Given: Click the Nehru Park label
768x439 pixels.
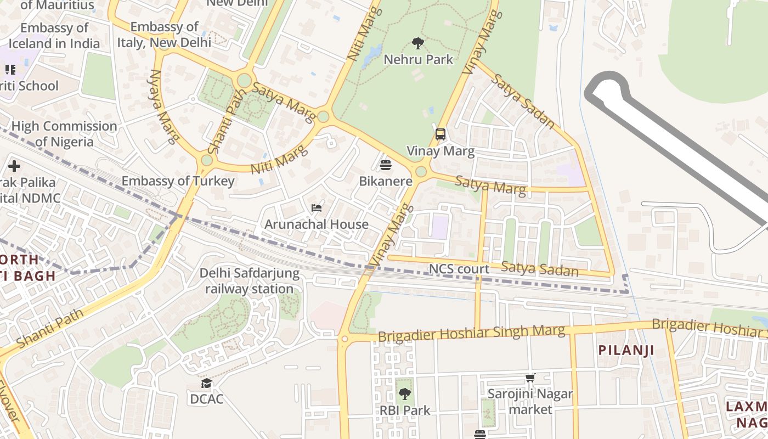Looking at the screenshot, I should tap(418, 59).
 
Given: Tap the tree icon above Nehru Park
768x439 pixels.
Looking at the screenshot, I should tap(418, 43).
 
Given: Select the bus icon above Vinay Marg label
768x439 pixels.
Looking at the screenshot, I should tap(440, 134).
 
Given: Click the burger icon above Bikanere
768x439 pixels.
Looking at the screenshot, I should tap(386, 165).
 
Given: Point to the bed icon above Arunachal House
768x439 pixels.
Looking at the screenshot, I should tap(317, 208).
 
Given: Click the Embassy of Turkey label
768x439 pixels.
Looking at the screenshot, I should tap(178, 181).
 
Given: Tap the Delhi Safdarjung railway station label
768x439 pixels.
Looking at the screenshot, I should tap(250, 281).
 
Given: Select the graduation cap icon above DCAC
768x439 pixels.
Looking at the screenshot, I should tap(206, 383).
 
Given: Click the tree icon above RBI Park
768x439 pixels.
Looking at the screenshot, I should tap(405, 394).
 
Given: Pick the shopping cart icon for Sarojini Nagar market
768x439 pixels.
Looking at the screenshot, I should tap(530, 378).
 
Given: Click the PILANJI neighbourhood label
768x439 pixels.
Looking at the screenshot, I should tap(626, 350).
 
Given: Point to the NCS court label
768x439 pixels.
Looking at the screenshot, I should tap(459, 269).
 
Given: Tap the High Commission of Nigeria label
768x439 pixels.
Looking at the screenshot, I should tap(64, 134).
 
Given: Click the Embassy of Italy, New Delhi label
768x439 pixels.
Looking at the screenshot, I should tap(170, 35).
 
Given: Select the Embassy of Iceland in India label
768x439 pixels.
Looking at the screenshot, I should tap(54, 36).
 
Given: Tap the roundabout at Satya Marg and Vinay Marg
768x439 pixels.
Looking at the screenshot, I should tap(421, 172).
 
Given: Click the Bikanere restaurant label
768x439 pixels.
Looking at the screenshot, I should tap(386, 181).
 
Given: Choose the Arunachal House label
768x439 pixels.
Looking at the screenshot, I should tap(317, 224).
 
